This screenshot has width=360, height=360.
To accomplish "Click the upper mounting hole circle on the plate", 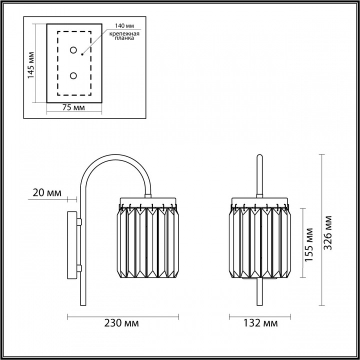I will coord(74,50).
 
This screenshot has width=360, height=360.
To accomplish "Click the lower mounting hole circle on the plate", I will coord(74,75).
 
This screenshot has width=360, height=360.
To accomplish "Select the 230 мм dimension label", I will coord(123,324).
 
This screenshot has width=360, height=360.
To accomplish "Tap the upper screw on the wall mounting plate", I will coord(79,220).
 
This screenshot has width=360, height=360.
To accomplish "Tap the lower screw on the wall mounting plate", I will coord(79,268).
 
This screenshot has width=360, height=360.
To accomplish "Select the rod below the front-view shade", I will coord(259,292).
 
